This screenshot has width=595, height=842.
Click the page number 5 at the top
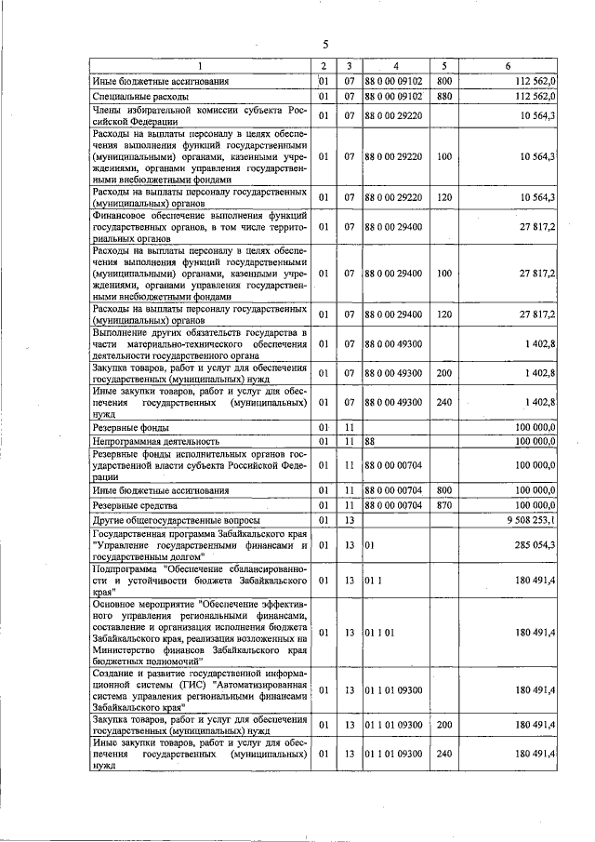326,44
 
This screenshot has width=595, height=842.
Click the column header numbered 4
395,66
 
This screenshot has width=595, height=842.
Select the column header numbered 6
508,66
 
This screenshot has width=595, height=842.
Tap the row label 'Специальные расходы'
141,96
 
